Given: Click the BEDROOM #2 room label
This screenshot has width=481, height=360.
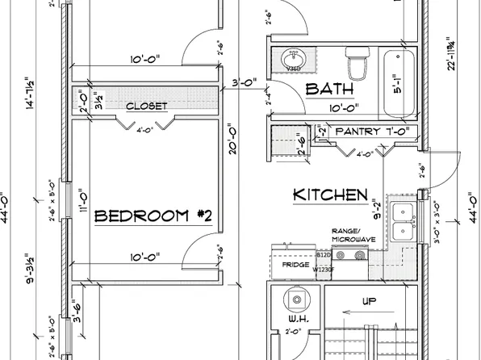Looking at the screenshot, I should [x=153, y=216].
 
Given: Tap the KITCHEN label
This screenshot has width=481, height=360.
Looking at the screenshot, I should [x=330, y=195].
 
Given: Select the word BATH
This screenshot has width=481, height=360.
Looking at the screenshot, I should [x=329, y=89].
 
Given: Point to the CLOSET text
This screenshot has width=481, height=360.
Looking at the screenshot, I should [x=146, y=106].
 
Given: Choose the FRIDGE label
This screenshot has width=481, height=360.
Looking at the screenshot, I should [x=291, y=264].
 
